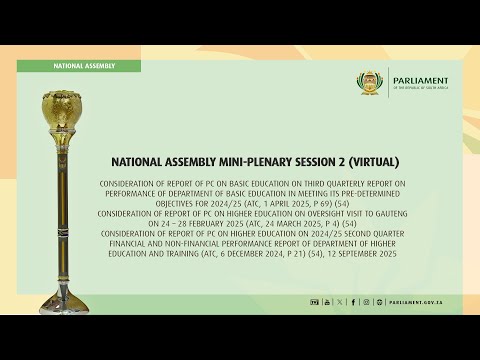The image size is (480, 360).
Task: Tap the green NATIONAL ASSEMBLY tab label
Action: point(85,65)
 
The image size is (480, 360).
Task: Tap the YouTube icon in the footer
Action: point(327,301)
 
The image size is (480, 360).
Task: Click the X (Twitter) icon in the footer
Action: point(340,301)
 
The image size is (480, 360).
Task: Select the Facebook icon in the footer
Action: point(353,301)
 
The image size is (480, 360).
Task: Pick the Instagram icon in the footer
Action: point(366,301)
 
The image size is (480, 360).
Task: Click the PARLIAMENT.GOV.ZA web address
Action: point(414,301)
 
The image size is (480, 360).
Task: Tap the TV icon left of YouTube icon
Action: point(313,301)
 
